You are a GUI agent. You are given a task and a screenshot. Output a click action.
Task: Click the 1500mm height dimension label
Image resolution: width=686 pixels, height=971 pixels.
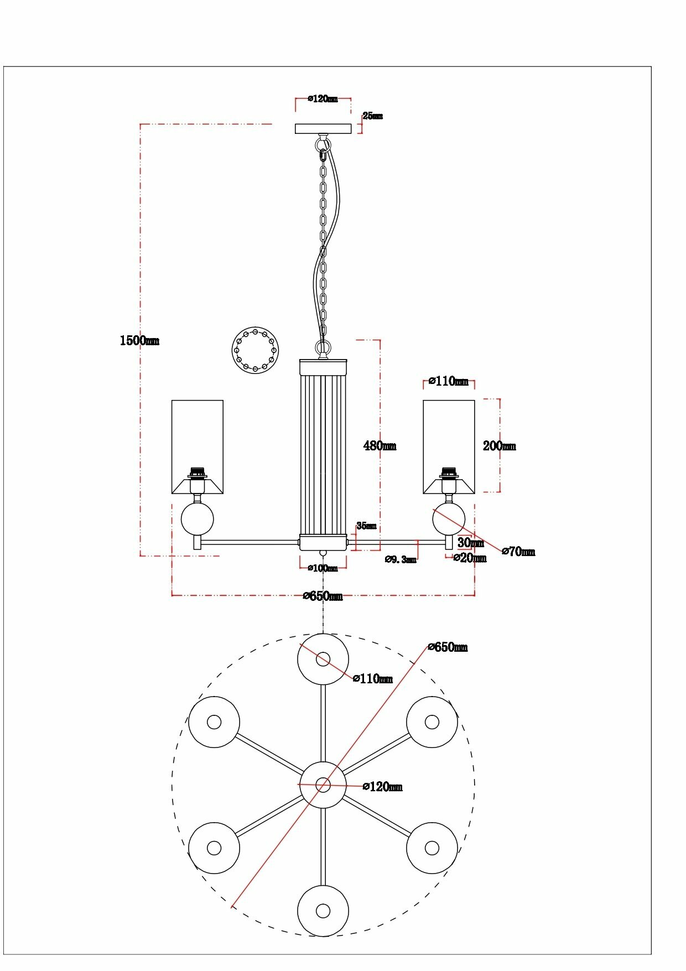139,340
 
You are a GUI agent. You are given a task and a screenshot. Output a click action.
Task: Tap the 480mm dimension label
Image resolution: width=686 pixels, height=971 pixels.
380,445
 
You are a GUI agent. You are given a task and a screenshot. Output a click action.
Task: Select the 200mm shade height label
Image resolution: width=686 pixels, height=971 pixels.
499,446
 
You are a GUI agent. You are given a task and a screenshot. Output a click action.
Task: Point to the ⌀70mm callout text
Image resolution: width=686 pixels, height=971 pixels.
518,552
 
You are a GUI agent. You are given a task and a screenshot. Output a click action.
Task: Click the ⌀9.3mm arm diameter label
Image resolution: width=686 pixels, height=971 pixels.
401,559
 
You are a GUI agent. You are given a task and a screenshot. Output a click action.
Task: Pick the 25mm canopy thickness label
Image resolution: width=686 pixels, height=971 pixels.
372,116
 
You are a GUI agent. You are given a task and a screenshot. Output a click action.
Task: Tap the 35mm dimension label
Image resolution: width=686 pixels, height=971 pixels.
366,526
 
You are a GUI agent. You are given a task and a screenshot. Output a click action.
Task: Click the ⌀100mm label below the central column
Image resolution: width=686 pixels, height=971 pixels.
323,568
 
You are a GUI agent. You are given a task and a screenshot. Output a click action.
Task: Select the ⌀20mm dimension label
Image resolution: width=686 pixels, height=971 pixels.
470,558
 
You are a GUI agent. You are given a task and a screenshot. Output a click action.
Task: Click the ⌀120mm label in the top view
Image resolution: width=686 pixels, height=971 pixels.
382,787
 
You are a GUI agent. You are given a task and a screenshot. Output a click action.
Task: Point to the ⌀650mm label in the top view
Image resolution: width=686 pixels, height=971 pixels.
448,647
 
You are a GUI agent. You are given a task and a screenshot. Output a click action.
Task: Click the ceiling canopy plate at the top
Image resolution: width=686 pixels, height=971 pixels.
323,129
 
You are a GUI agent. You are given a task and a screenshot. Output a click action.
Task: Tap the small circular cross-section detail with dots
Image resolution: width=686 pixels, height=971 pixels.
254,350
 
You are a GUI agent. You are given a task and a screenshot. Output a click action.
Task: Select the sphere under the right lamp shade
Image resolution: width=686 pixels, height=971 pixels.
448,519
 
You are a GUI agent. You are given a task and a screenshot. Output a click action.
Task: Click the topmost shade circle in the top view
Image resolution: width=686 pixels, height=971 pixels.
323,659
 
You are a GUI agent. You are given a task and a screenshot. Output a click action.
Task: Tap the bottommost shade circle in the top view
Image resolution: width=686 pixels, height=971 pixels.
323,911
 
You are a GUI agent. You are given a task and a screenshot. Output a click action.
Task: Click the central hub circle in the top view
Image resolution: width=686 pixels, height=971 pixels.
323,785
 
